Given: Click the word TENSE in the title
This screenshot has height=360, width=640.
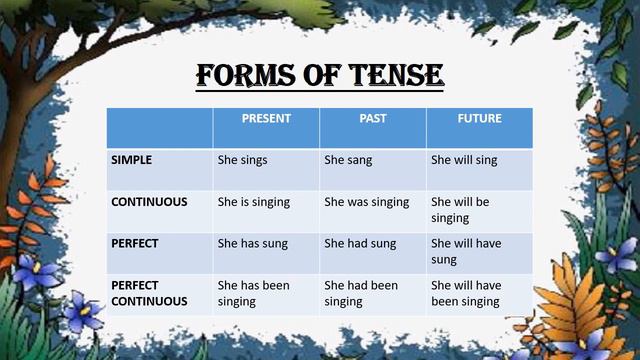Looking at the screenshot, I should coord(391,75).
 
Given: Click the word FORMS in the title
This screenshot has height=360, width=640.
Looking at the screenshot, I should coord(244,75).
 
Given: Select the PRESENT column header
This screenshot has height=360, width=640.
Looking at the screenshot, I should coord(266,119).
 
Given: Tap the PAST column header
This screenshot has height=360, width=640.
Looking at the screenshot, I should coord(373,119).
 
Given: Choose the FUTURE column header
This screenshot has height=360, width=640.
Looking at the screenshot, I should coord(479,119).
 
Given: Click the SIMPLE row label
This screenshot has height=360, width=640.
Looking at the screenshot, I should coord(132,159).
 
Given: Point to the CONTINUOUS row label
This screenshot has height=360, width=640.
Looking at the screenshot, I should coord(149,201).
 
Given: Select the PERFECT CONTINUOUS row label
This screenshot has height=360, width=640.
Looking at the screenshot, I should coord(149,293).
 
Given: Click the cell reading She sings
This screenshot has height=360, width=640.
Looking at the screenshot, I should coord(243,159).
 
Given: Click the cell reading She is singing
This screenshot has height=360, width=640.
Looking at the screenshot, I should coord(254,201).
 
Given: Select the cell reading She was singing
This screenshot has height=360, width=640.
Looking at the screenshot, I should coord(366,201).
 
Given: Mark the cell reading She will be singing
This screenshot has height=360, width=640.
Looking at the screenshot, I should coord(460,209).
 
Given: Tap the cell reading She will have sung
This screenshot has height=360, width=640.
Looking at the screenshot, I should coord(466,251).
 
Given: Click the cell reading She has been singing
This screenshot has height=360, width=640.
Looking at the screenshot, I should coord(254,293).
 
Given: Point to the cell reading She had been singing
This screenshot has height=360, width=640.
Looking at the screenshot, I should coord(360,293).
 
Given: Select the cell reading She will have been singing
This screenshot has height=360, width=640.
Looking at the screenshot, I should coord(466,293).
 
